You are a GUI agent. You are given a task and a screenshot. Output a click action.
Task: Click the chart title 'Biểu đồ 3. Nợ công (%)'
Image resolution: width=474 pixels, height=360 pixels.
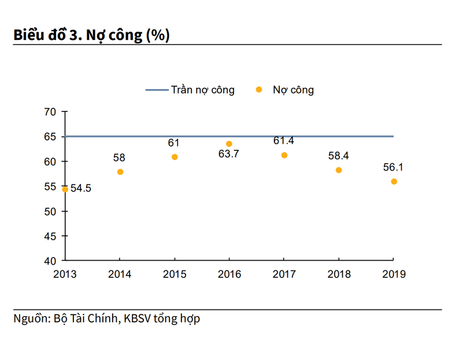(92, 35)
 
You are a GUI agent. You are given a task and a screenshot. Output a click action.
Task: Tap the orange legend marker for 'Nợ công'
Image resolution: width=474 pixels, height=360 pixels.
(259, 90)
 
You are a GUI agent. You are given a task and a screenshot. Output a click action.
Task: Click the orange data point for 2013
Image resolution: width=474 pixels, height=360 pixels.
(65, 189)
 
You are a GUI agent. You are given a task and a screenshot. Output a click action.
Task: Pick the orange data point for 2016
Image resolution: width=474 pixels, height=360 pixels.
(229, 143)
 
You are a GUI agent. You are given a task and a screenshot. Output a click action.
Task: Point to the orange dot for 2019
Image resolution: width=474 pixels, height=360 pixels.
(394, 181)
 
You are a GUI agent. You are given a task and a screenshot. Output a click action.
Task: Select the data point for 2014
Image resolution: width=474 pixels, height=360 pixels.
(120, 172)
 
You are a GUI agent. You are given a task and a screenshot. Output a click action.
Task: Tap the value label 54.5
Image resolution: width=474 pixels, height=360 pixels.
(81, 189)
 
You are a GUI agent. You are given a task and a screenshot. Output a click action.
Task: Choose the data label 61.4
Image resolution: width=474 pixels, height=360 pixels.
(284, 141)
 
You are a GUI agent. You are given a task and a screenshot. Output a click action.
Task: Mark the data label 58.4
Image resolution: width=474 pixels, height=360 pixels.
(339, 156)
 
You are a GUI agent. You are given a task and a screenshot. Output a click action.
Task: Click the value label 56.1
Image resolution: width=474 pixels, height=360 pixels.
(394, 168)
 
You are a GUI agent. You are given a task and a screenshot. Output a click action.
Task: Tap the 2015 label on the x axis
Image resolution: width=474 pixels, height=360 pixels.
(175, 274)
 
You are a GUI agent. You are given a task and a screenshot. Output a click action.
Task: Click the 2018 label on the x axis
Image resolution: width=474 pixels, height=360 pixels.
(339, 274)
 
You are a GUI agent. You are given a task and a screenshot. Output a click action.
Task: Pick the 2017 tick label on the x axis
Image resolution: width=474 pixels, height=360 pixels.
(284, 274)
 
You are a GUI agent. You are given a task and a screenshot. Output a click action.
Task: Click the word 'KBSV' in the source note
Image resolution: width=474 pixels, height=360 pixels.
(137, 318)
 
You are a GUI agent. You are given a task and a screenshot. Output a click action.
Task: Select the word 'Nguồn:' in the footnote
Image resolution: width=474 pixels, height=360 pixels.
(32, 318)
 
